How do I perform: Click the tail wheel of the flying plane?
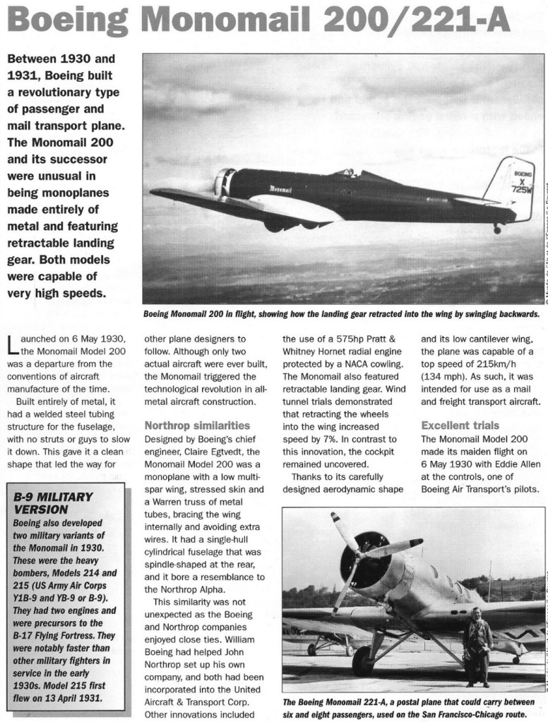(x=497, y=229)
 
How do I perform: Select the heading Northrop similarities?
(x=197, y=426)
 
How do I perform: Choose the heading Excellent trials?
(x=460, y=426)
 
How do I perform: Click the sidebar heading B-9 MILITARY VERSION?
(x=53, y=503)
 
